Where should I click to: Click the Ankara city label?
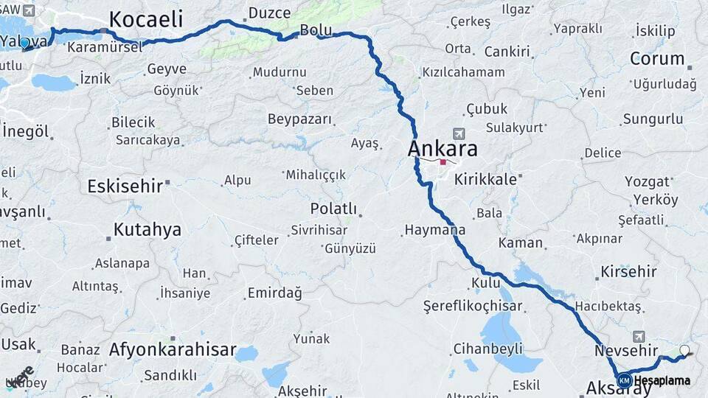[x=442, y=149]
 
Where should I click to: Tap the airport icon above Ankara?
[x=459, y=133]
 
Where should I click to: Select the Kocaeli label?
[x=147, y=19]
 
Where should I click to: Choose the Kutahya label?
[x=147, y=230]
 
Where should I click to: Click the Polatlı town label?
[x=333, y=209]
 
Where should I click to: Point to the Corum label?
[x=657, y=59]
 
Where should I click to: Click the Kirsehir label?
[x=628, y=271]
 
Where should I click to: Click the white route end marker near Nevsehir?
[x=685, y=351]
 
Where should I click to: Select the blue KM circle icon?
[x=624, y=380]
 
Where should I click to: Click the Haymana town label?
[x=435, y=231]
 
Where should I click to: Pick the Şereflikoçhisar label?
[x=473, y=306]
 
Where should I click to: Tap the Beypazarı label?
[x=299, y=119]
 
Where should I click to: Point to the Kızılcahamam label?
[x=463, y=72]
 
